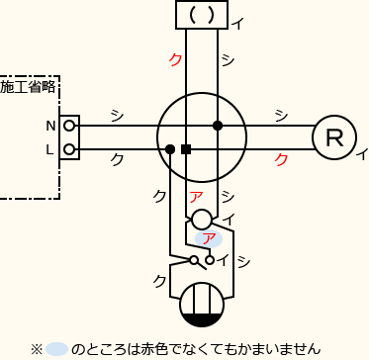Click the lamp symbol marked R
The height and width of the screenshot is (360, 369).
[333, 137]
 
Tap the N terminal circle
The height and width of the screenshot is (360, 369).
[69, 127]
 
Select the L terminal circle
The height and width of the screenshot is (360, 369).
[69, 149]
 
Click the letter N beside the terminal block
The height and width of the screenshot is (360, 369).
[50, 127]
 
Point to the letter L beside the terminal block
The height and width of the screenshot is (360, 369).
[50, 149]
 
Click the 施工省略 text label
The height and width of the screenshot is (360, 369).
[28, 87]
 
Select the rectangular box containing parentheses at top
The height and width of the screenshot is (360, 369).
[201, 15]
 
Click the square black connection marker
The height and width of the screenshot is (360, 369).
[186, 149]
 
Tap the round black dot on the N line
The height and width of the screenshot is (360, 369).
[217, 126]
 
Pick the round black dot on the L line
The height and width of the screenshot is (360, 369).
[170, 149]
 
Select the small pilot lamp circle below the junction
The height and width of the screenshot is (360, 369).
[201, 218]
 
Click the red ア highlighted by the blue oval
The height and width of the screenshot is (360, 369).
[208, 237]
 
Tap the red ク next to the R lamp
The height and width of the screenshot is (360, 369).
[281, 158]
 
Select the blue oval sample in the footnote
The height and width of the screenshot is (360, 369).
[56, 348]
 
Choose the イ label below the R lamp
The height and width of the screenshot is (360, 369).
[361, 153]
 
